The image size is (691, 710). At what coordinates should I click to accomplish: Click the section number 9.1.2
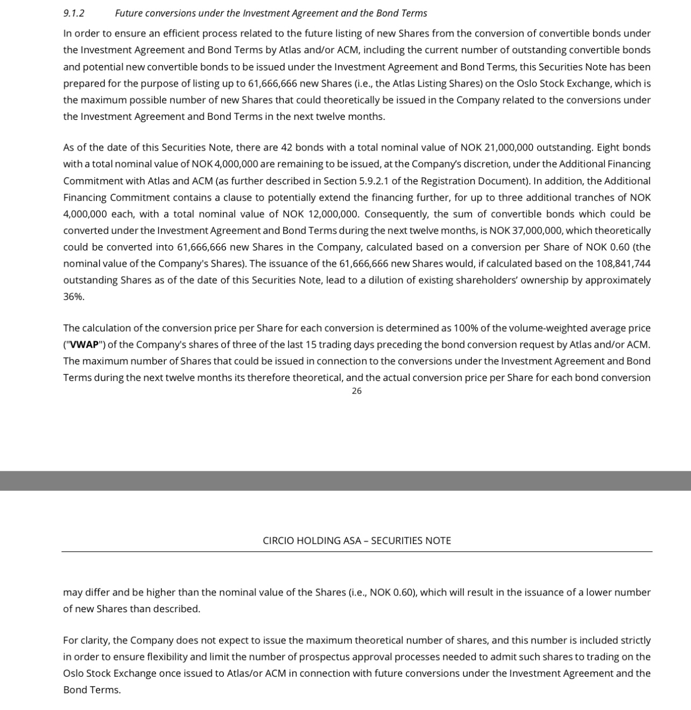[74, 13]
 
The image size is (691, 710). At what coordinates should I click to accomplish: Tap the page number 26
[356, 391]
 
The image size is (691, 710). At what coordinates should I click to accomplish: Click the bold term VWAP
[83, 345]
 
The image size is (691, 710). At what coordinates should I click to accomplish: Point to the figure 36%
[73, 297]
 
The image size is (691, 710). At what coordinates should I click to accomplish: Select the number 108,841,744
[623, 263]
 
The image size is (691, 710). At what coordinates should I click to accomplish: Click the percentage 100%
[464, 328]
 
